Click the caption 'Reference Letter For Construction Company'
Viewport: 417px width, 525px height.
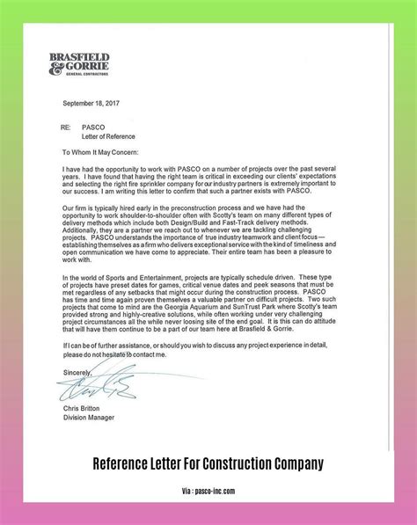click(208, 486)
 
